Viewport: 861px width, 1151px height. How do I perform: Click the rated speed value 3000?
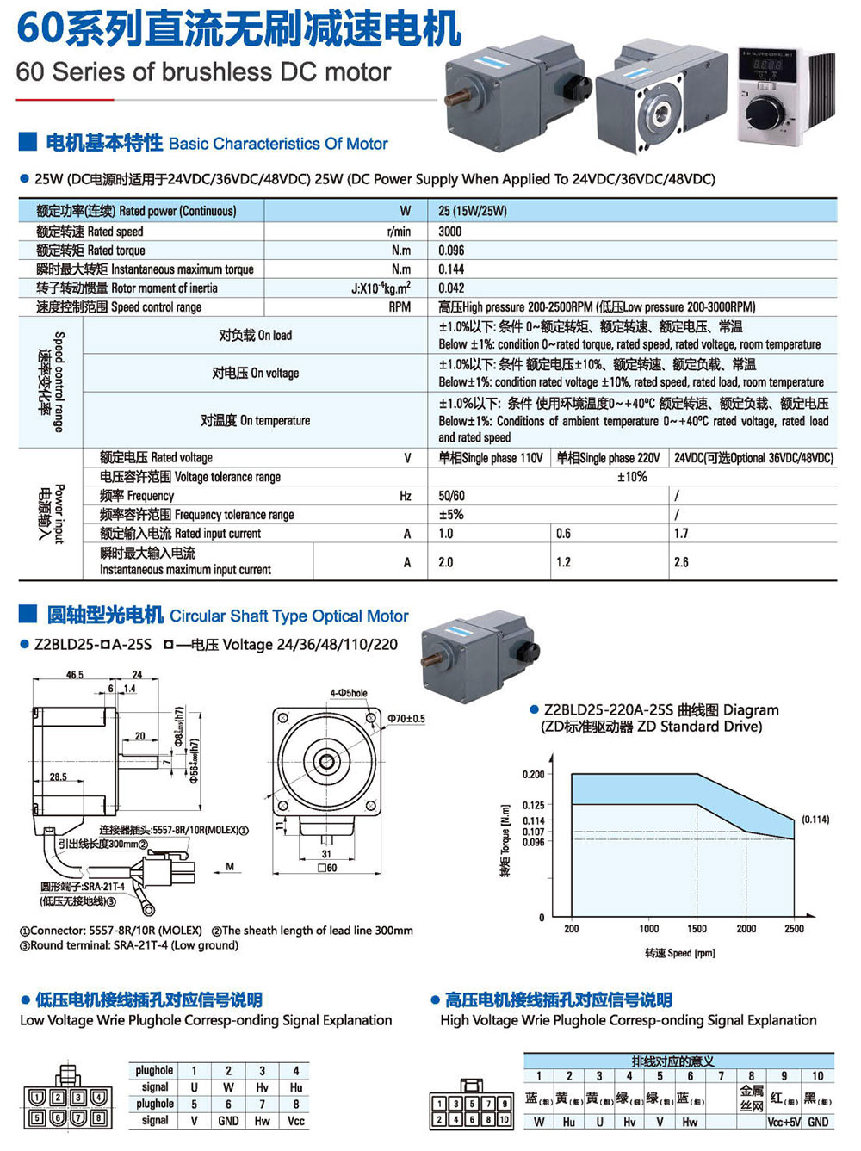450,232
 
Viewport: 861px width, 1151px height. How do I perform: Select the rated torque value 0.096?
451,251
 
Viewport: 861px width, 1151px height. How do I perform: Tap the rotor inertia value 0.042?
451,288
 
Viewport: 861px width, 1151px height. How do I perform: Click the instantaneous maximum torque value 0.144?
451,269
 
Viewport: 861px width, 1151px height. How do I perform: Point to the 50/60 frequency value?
451,496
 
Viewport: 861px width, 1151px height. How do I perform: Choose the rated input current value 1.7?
681,534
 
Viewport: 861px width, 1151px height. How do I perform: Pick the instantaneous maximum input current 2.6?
681,562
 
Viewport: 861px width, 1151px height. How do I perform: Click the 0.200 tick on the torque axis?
533,775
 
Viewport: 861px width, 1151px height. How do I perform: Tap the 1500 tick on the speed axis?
697,929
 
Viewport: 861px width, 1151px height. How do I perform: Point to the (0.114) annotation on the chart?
815,820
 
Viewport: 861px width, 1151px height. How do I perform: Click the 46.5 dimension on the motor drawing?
75,675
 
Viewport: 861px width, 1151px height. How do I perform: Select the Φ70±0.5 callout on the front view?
406,719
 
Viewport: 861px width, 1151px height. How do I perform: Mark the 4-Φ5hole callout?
349,693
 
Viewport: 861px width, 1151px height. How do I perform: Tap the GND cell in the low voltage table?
228,1121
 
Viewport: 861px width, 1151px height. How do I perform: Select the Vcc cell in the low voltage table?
296,1121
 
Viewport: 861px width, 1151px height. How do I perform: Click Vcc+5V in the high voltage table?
784,1122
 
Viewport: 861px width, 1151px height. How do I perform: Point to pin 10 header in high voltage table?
817,1076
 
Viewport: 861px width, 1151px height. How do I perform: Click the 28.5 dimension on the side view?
58,777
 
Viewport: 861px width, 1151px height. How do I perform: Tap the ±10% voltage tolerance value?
632,477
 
